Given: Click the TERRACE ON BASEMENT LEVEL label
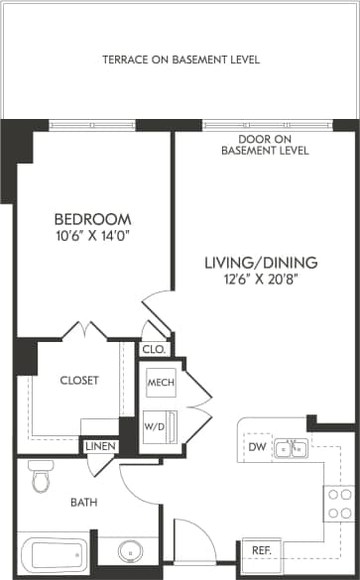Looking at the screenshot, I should point(180,59).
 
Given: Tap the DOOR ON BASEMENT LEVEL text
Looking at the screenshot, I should point(267,145).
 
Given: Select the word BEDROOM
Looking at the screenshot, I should point(92,218).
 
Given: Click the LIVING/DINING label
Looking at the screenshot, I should point(261,263).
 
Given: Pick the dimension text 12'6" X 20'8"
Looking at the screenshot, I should point(261,280).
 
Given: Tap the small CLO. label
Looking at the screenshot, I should point(154,349).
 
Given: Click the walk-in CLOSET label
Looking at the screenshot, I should point(79,380).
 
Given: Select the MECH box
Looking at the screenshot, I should point(161,383).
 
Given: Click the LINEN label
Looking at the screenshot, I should point(100,447).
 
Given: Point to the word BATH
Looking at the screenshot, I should point(83,503).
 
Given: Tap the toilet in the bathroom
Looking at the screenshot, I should point(41,477).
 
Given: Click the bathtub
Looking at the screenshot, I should point(55,556).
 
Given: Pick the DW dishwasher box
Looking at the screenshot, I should point(258,449).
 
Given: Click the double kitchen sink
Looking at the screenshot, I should point(292,450).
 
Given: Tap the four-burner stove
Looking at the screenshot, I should point(339,504).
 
